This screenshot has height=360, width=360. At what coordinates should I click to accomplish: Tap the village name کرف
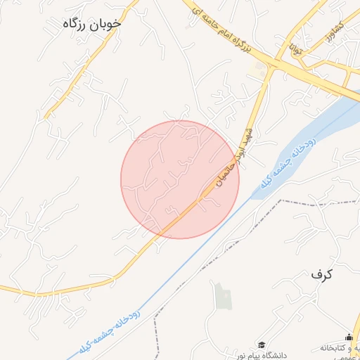coord(321,274)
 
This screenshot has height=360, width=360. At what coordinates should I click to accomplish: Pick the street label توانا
coord(289,48)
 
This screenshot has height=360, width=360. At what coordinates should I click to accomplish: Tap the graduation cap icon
coord(262,345)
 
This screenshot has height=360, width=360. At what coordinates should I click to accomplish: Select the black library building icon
coord(349,337)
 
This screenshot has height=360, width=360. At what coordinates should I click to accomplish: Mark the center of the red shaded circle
coord(180,179)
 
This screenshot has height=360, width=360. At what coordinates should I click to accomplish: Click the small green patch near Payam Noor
coord(223,295)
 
